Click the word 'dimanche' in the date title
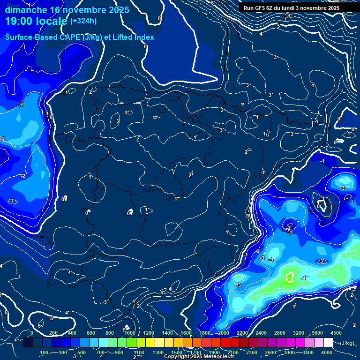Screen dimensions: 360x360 (25, 10)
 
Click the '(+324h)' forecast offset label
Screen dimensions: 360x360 (83, 21)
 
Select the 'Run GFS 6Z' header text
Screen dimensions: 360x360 (264, 8)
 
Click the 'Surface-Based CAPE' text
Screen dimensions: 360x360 (42, 37)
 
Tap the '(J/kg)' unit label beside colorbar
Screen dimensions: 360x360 (347, 343)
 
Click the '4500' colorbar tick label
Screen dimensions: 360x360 (336, 333)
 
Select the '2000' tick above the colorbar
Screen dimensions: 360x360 (223, 333)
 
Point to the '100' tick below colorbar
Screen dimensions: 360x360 (44, 352)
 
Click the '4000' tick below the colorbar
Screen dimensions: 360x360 (327, 352)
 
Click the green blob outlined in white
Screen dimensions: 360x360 (290, 277)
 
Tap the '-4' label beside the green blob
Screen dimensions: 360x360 (303, 278)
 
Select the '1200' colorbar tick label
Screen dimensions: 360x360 (148, 333)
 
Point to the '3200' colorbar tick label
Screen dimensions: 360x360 (299, 333)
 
